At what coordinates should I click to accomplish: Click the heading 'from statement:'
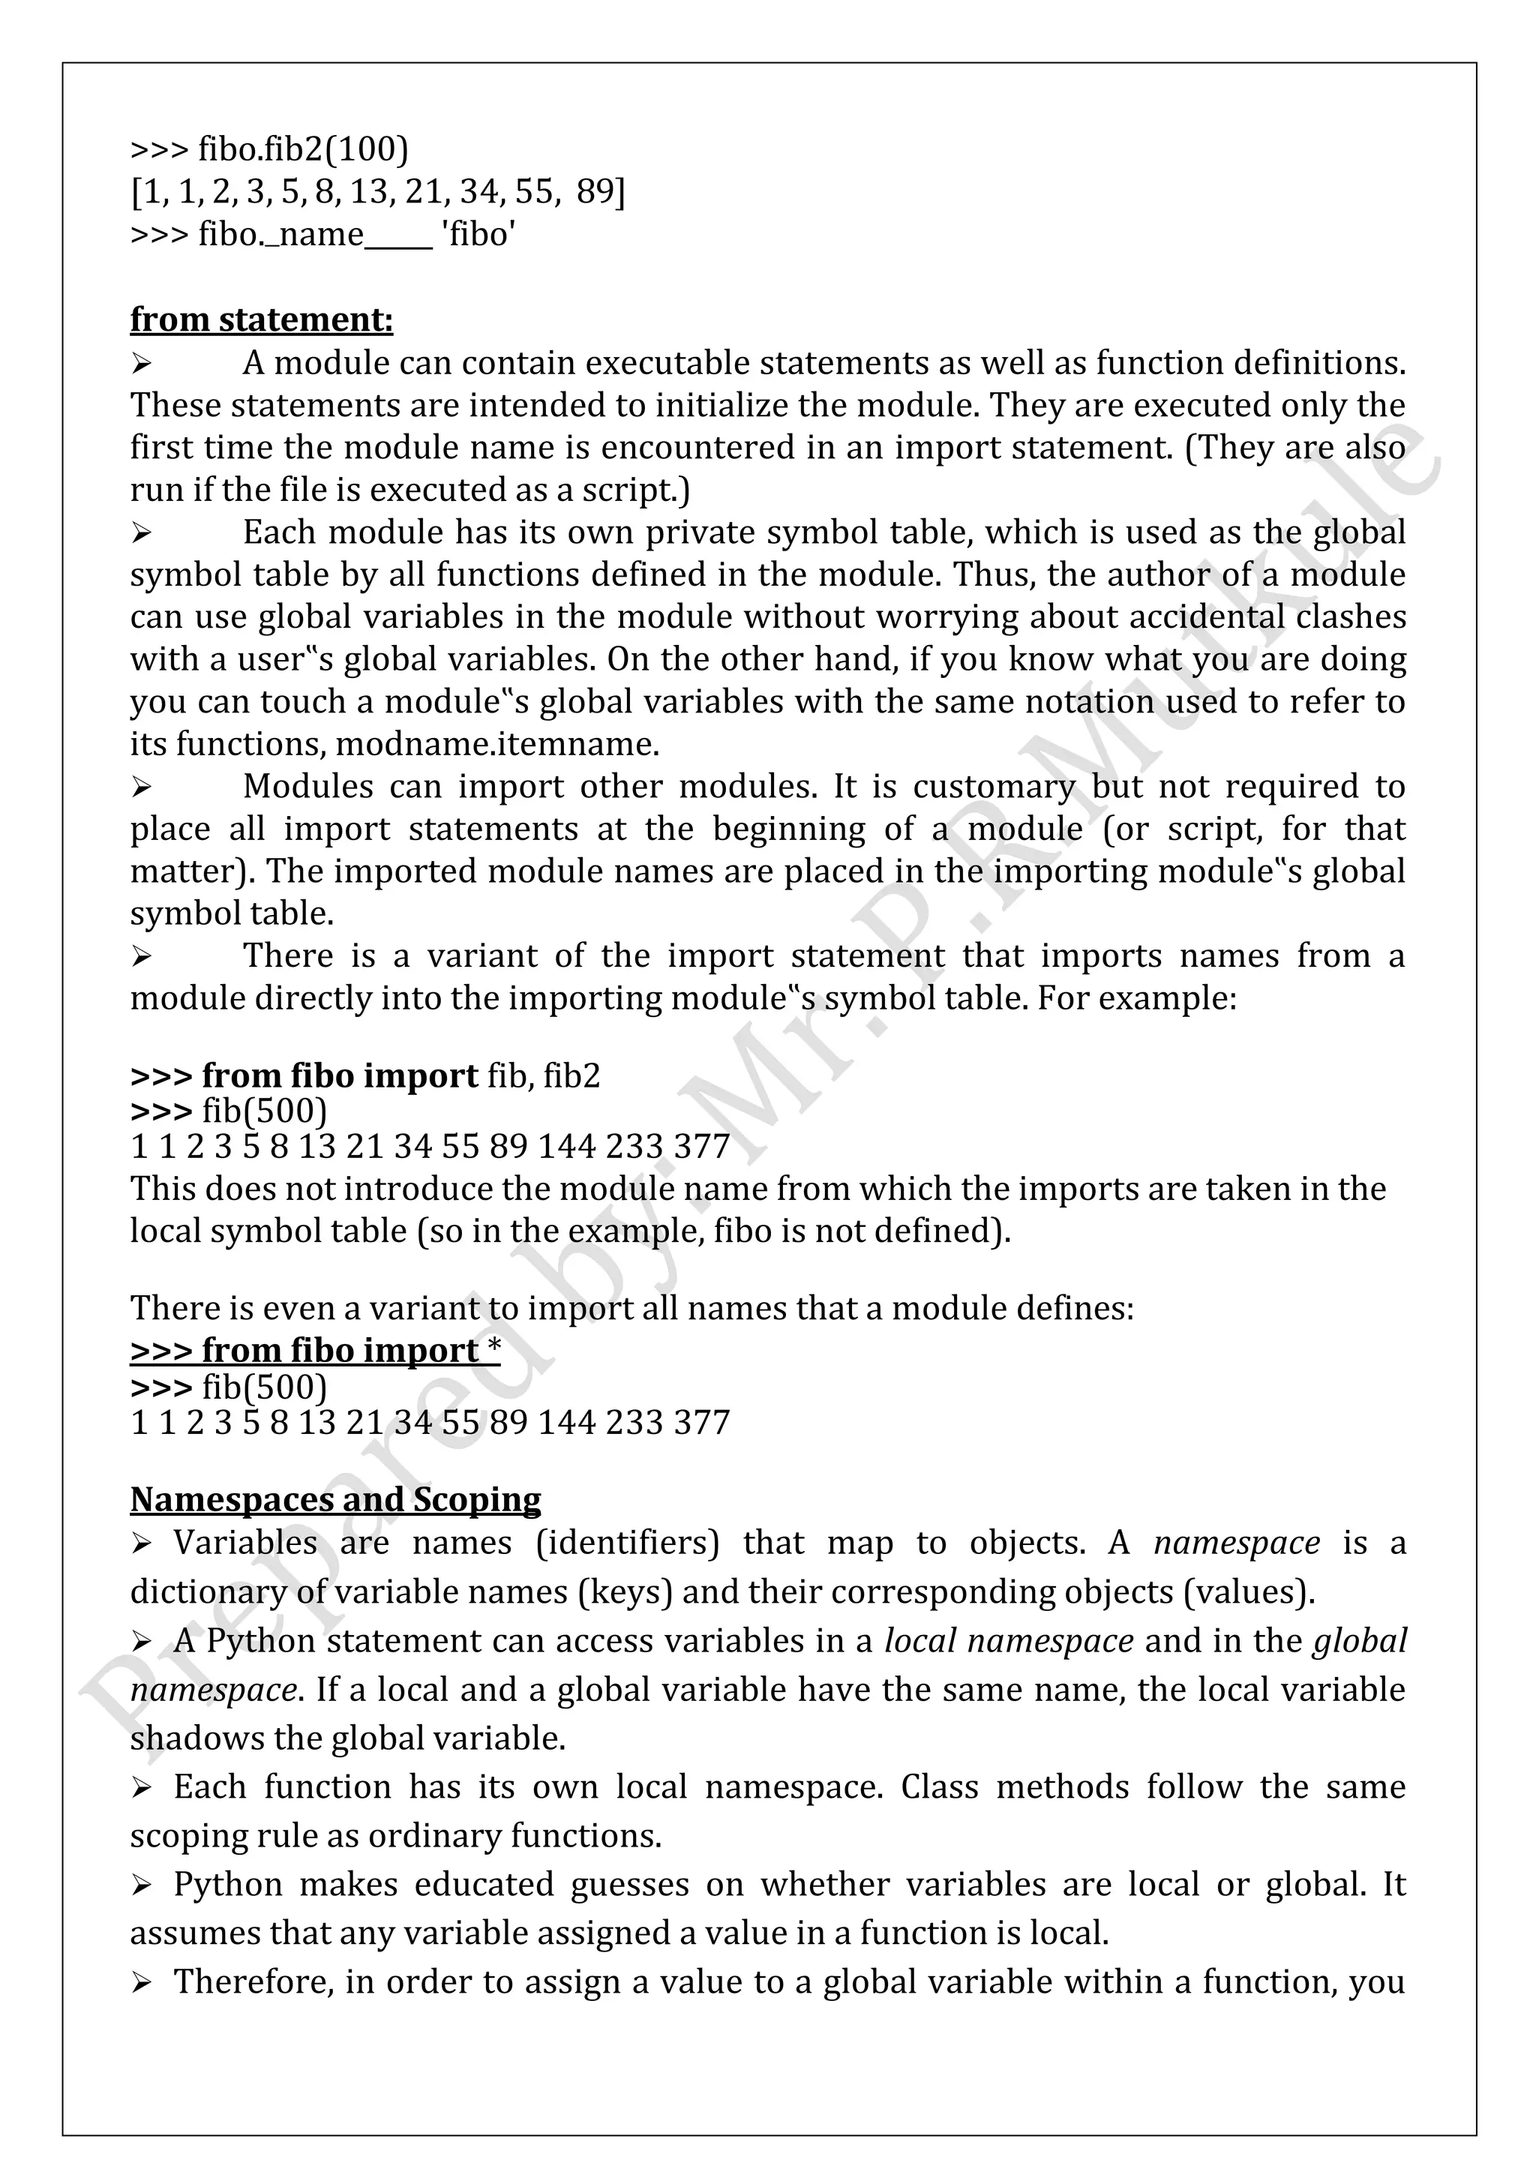pos(261,319)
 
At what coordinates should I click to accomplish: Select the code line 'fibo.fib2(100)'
pos(303,148)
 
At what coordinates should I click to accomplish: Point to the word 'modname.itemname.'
pos(497,745)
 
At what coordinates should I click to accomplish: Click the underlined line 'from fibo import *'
pos(315,1350)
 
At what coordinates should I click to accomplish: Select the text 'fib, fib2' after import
pos(544,1075)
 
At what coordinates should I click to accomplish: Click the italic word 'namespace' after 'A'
pos(1236,1543)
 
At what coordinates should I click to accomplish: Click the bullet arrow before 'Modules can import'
pos(142,787)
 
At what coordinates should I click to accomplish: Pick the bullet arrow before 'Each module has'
pos(142,532)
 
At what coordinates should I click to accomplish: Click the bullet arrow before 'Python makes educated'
pos(142,1885)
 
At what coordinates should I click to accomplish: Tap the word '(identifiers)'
pos(627,1543)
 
